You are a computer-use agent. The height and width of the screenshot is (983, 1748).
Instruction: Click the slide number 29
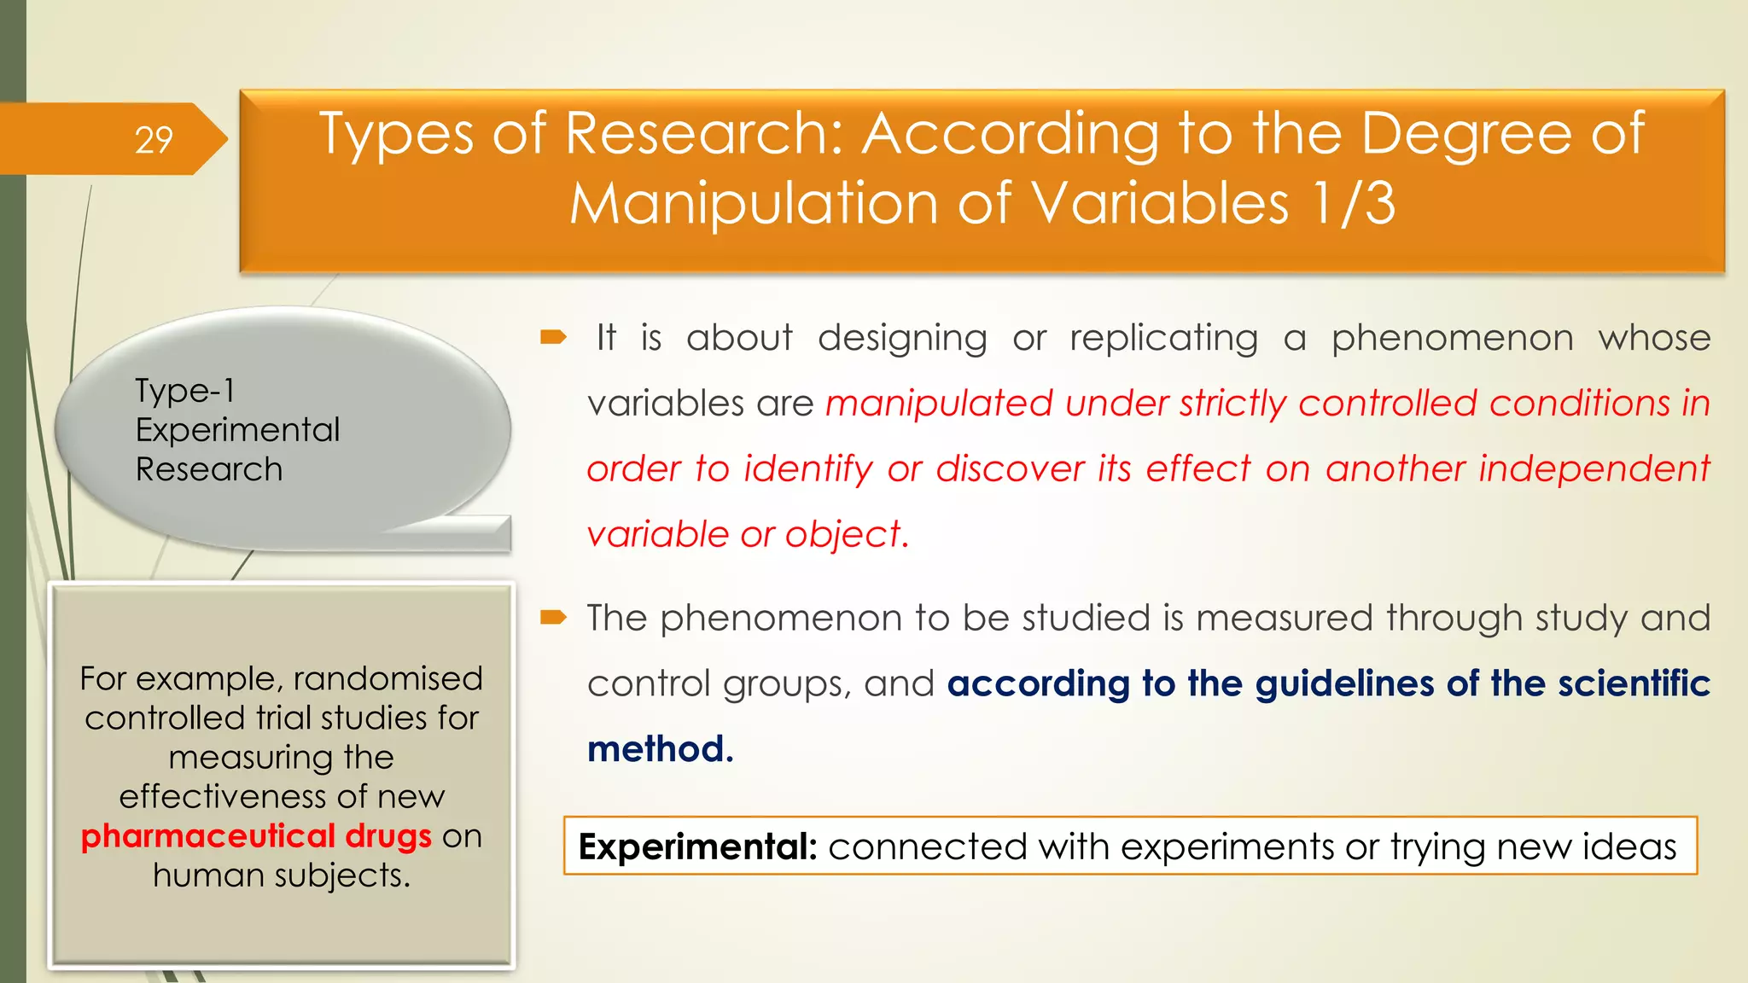pos(154,140)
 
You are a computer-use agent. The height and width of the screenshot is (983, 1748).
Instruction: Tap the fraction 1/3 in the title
pos(1353,204)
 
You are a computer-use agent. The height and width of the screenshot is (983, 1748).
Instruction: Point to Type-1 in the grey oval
pos(185,391)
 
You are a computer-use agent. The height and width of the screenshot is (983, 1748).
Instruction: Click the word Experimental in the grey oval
pos(237,430)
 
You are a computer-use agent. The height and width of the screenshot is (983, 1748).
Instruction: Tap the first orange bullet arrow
pos(553,338)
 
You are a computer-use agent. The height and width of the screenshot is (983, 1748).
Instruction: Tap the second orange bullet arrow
pos(553,617)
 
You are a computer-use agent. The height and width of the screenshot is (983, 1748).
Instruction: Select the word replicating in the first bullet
pos(1163,338)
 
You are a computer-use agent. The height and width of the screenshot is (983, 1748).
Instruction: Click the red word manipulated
pos(939,404)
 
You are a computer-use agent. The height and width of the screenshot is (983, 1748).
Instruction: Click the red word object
pos(842,535)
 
